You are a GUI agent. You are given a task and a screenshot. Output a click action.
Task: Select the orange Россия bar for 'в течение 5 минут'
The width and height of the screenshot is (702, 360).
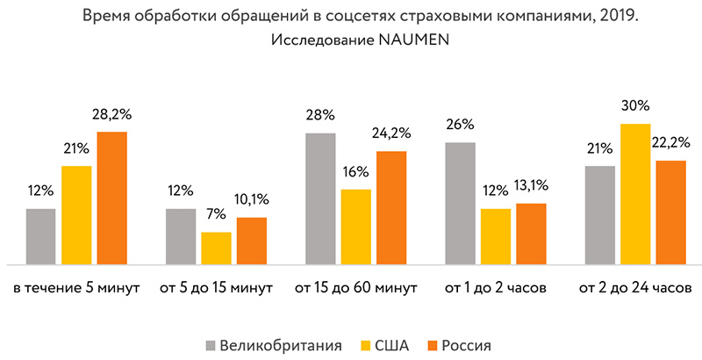coord(112,198)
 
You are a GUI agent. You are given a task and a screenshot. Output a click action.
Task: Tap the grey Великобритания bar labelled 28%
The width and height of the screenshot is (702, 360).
coord(320,198)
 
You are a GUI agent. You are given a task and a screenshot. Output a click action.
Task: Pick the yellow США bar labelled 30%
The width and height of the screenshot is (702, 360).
coord(634,194)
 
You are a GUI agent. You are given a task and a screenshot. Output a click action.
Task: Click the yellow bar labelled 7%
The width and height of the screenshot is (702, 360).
coord(216,248)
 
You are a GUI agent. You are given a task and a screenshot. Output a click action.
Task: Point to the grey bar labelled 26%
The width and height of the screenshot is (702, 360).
coord(460,203)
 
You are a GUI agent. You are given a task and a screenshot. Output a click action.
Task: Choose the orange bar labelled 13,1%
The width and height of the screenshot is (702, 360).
coord(531,234)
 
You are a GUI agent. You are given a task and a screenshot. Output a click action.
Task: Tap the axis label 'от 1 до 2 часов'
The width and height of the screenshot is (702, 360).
coord(496,288)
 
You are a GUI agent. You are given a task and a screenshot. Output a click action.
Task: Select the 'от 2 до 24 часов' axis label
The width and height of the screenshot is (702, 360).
coord(635,288)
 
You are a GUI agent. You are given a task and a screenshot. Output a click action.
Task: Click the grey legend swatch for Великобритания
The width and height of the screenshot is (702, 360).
coord(211,344)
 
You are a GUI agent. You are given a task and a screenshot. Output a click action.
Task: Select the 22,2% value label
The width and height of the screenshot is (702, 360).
coord(671,142)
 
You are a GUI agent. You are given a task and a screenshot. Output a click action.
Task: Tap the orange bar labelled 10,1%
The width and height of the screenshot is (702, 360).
coord(252,241)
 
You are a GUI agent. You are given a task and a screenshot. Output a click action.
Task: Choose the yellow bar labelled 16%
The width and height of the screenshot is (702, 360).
coord(355,227)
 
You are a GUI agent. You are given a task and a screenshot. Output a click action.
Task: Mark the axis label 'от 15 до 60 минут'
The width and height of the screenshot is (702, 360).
coord(356,288)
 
